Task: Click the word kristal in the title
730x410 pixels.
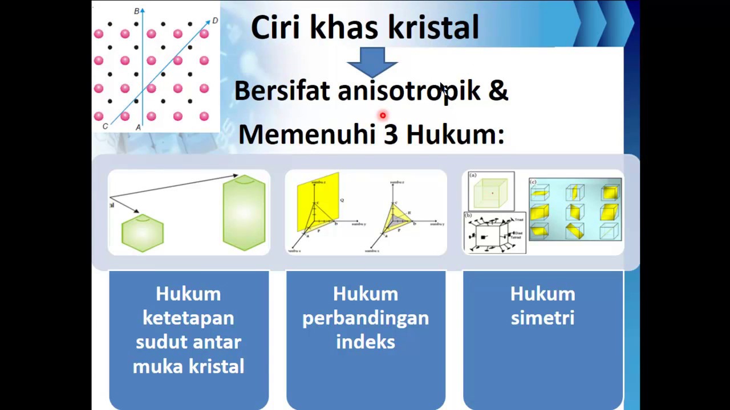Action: tap(433, 27)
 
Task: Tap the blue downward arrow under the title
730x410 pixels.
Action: tap(372, 61)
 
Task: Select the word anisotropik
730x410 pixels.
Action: tap(409, 91)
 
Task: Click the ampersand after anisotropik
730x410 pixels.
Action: tap(498, 91)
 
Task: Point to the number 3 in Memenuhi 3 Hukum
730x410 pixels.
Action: tap(390, 134)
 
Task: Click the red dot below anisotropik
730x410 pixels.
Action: tap(383, 116)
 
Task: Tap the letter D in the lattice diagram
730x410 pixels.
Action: tap(215, 21)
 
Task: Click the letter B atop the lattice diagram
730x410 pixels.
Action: tap(136, 11)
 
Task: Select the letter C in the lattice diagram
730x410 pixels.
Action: tap(105, 126)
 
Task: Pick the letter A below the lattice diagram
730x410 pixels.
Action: tap(138, 128)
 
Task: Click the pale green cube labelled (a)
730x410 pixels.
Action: tap(492, 192)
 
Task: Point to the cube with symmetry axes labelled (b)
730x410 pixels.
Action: tap(493, 233)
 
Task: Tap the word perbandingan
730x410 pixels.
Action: tap(366, 318)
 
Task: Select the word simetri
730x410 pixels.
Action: tap(542, 318)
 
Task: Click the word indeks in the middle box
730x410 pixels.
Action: tap(366, 342)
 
